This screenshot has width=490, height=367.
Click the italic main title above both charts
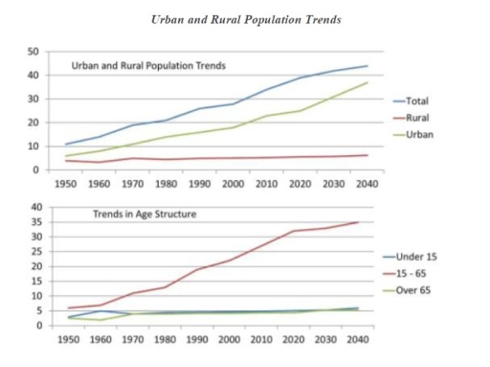(246, 20)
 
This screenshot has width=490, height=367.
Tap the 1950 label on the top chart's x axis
(65, 182)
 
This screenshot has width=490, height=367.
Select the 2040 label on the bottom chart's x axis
(355, 339)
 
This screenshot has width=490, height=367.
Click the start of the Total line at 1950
(65, 145)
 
